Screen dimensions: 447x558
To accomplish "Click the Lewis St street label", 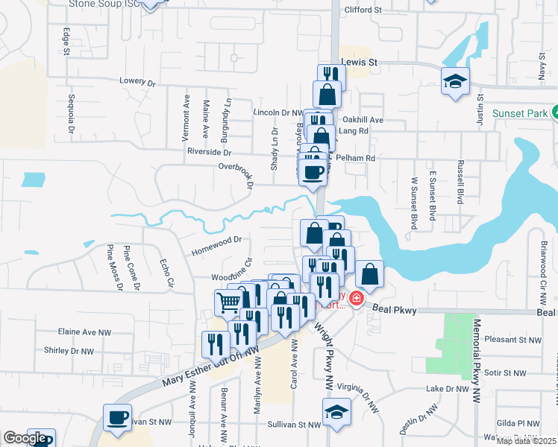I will click(x=356, y=63).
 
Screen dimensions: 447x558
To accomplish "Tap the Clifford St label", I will click(x=363, y=10).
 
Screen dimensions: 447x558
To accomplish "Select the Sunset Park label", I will click(x=519, y=113).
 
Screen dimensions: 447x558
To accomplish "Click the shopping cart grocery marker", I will click(x=228, y=302).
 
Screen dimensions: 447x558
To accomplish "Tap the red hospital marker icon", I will click(x=356, y=299).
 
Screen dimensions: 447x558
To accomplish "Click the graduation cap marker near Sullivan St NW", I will click(x=336, y=411).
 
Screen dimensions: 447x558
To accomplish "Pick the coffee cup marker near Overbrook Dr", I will click(x=314, y=173).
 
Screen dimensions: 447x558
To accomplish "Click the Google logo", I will click(x=25, y=438).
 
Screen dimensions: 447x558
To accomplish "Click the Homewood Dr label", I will click(x=217, y=240).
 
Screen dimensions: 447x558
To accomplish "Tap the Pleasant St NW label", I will click(x=512, y=340).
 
